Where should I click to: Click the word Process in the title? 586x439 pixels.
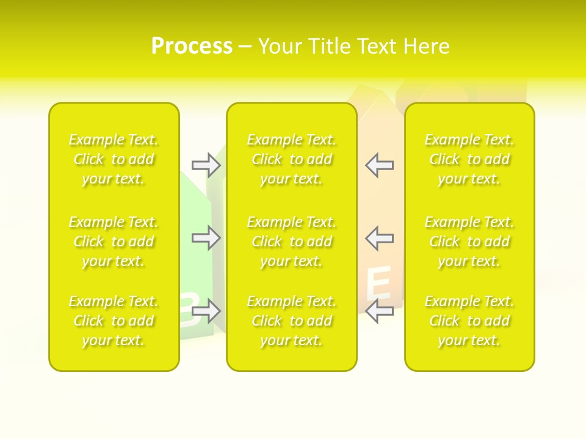(192, 46)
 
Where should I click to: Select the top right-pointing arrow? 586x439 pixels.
(206, 165)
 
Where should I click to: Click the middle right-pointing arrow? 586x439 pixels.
(206, 238)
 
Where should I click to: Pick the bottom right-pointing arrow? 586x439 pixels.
(206, 311)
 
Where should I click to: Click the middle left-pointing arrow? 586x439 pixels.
(379, 238)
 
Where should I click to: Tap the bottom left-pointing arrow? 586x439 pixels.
(379, 310)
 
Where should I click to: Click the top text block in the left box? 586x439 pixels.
(114, 159)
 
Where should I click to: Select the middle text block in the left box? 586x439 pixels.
(114, 241)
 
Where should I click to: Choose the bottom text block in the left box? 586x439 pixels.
(114, 321)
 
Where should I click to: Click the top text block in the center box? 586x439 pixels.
(291, 159)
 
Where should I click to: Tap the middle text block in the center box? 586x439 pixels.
(291, 241)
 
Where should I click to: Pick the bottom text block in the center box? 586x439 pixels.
(291, 321)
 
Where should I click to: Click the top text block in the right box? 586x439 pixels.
(469, 159)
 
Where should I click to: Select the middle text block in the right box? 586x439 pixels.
(469, 241)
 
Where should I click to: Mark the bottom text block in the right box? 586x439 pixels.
(469, 321)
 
